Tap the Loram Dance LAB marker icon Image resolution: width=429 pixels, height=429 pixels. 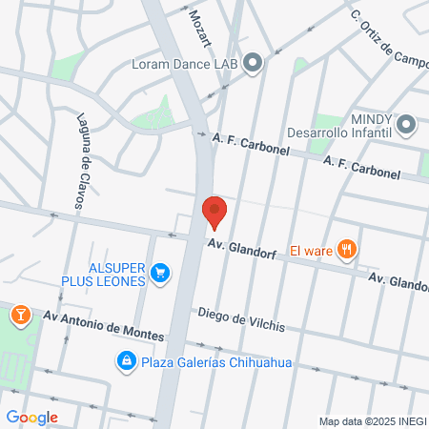[x=253, y=63]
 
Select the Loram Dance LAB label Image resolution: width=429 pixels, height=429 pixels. [x=185, y=65]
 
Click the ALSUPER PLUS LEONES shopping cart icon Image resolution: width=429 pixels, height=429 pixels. [x=161, y=274]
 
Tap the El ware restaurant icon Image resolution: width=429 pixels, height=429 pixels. [x=348, y=251]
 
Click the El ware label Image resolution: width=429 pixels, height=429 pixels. [x=311, y=252]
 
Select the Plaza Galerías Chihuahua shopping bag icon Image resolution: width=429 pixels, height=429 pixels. [x=125, y=361]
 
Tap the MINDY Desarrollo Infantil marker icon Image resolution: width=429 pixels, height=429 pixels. [x=407, y=125]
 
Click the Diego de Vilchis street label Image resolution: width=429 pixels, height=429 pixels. [x=241, y=319]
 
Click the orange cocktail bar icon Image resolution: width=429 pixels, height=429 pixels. [x=19, y=314]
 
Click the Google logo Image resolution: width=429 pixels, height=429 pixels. [x=31, y=417]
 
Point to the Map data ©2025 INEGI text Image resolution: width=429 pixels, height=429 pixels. [x=371, y=421]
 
